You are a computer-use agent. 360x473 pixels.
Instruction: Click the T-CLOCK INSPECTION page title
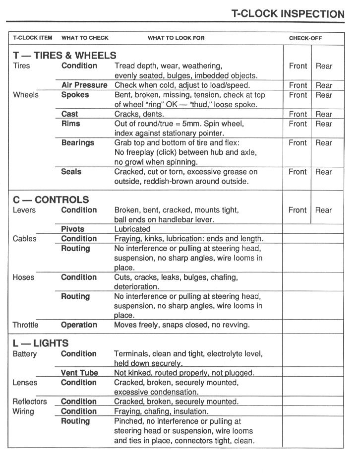(288, 14)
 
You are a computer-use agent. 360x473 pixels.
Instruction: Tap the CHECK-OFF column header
(305, 38)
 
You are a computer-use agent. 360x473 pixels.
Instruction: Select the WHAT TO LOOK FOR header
(176, 38)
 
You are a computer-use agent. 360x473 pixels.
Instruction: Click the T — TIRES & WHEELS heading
(64, 55)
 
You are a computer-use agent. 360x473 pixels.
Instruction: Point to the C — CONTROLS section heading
(51, 200)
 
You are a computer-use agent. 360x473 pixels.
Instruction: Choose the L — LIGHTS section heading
(41, 343)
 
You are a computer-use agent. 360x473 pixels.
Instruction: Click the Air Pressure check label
(84, 85)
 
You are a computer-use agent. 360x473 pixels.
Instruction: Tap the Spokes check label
(75, 95)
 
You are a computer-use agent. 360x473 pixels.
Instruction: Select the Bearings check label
(78, 143)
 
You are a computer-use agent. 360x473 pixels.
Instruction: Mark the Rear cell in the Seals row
(324, 172)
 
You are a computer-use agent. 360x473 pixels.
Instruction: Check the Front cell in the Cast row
(298, 114)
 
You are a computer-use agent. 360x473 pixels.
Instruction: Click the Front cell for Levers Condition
(298, 210)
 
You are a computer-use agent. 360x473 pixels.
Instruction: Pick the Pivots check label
(73, 229)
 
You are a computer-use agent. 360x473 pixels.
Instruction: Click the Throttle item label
(25, 325)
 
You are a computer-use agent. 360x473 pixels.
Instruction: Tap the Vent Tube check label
(79, 373)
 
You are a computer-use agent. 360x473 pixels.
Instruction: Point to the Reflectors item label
(30, 402)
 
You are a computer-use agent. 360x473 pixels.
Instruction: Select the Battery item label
(25, 354)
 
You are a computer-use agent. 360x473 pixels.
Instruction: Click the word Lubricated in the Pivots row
(132, 229)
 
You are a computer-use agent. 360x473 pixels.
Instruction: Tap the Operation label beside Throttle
(79, 325)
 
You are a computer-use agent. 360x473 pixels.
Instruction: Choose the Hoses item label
(23, 277)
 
